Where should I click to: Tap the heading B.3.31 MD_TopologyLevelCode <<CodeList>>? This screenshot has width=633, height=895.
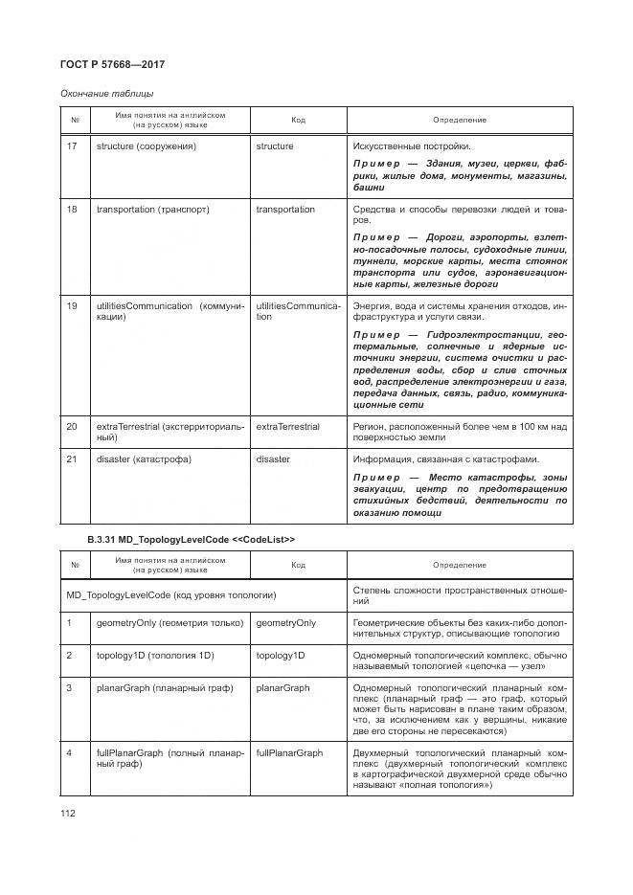coord(191,540)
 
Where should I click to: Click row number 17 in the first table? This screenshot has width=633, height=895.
coord(72,146)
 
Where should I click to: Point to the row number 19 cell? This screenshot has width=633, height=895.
coord(72,305)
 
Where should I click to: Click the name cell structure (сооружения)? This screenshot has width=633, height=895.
coord(146,146)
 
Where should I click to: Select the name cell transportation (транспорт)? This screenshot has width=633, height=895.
coord(152,209)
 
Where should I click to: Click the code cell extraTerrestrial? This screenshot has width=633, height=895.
coord(287,426)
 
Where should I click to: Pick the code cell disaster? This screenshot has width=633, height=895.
coord(273,459)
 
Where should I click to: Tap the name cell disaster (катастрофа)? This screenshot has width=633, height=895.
coord(144,459)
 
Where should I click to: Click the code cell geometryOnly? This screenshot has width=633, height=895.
coord(285,623)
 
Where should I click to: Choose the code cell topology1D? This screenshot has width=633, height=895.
coord(280,656)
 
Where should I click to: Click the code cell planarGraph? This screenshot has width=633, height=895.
coord(283,688)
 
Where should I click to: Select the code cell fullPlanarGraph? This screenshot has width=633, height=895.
coord(289,753)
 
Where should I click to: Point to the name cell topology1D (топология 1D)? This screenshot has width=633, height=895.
coord(154,656)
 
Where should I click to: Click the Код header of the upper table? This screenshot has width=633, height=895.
coord(298,120)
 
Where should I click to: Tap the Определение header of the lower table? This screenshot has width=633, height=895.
coord(460,565)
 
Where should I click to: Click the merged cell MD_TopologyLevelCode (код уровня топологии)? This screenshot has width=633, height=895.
coord(171,595)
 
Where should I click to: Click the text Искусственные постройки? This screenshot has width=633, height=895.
coord(412,146)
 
